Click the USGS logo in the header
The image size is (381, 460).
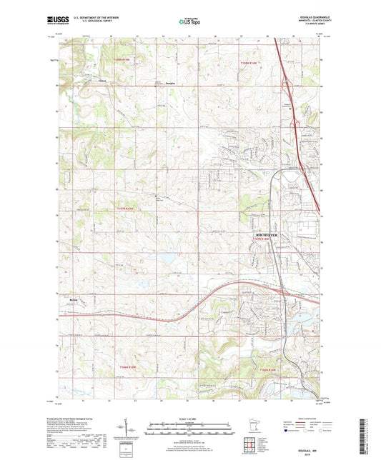[x=56, y=20]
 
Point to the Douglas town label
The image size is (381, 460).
[x=169, y=84]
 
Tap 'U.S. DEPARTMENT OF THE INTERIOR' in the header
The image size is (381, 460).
[x=91, y=17]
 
